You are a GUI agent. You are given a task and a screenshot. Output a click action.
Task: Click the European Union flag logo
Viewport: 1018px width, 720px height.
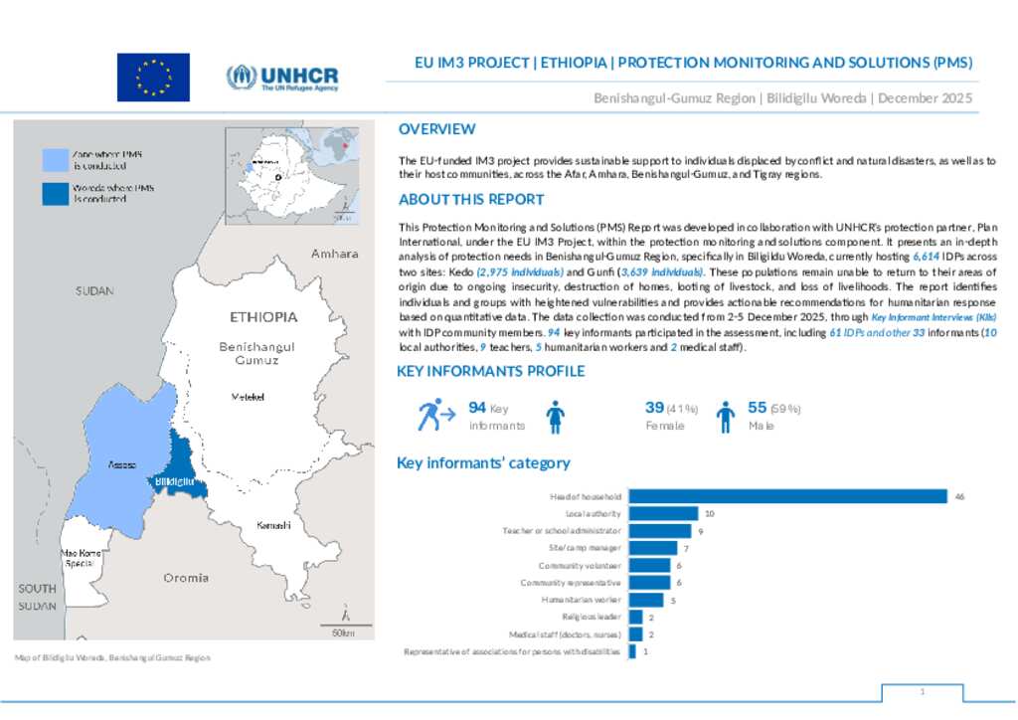tap(153, 77)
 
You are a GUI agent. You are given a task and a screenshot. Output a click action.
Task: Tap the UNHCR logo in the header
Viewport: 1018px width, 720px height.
tap(282, 77)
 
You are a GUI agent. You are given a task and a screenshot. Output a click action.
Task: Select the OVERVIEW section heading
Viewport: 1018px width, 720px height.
tap(436, 129)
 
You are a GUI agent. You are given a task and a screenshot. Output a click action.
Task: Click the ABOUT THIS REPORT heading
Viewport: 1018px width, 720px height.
tap(471, 199)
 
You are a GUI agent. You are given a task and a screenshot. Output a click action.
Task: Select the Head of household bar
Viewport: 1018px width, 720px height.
tap(788, 496)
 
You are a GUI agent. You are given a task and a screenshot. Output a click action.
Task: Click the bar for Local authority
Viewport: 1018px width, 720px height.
tap(664, 513)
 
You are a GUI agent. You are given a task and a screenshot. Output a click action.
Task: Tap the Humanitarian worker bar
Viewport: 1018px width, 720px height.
tap(646, 600)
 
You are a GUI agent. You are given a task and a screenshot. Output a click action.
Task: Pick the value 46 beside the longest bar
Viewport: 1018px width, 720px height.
tap(959, 496)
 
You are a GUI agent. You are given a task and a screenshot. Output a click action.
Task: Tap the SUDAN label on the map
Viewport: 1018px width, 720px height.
tap(95, 291)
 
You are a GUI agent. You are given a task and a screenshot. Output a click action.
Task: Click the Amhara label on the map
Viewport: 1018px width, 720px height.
tap(334, 254)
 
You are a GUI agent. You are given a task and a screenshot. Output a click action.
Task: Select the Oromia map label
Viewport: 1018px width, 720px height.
tap(186, 578)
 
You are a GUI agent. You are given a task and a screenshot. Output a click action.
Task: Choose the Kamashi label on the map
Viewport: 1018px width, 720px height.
tap(273, 525)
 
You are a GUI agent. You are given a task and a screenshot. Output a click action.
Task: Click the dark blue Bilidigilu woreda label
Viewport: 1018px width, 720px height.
tap(173, 482)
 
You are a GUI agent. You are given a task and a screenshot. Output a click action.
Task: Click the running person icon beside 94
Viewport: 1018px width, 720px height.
tap(429, 415)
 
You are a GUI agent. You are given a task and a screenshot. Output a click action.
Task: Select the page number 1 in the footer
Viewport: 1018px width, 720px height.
tap(923, 691)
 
